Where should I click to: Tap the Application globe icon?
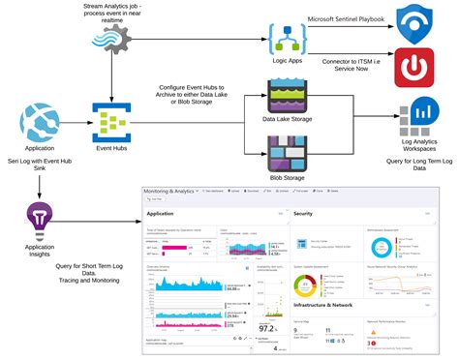coord(39,124)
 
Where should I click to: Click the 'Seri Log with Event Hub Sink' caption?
coord(39,165)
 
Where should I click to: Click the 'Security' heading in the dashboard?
coord(303,212)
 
